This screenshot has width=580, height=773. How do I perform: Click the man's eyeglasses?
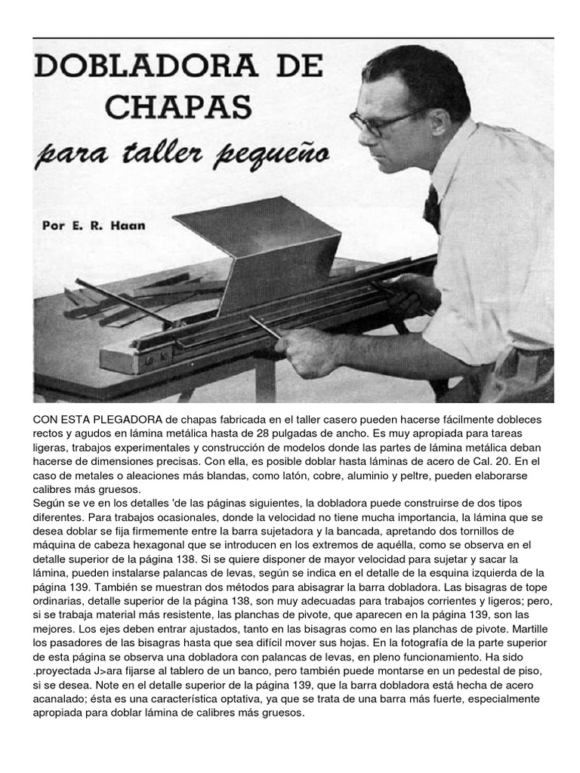(x=385, y=121)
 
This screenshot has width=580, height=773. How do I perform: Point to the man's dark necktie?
(x=432, y=208)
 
